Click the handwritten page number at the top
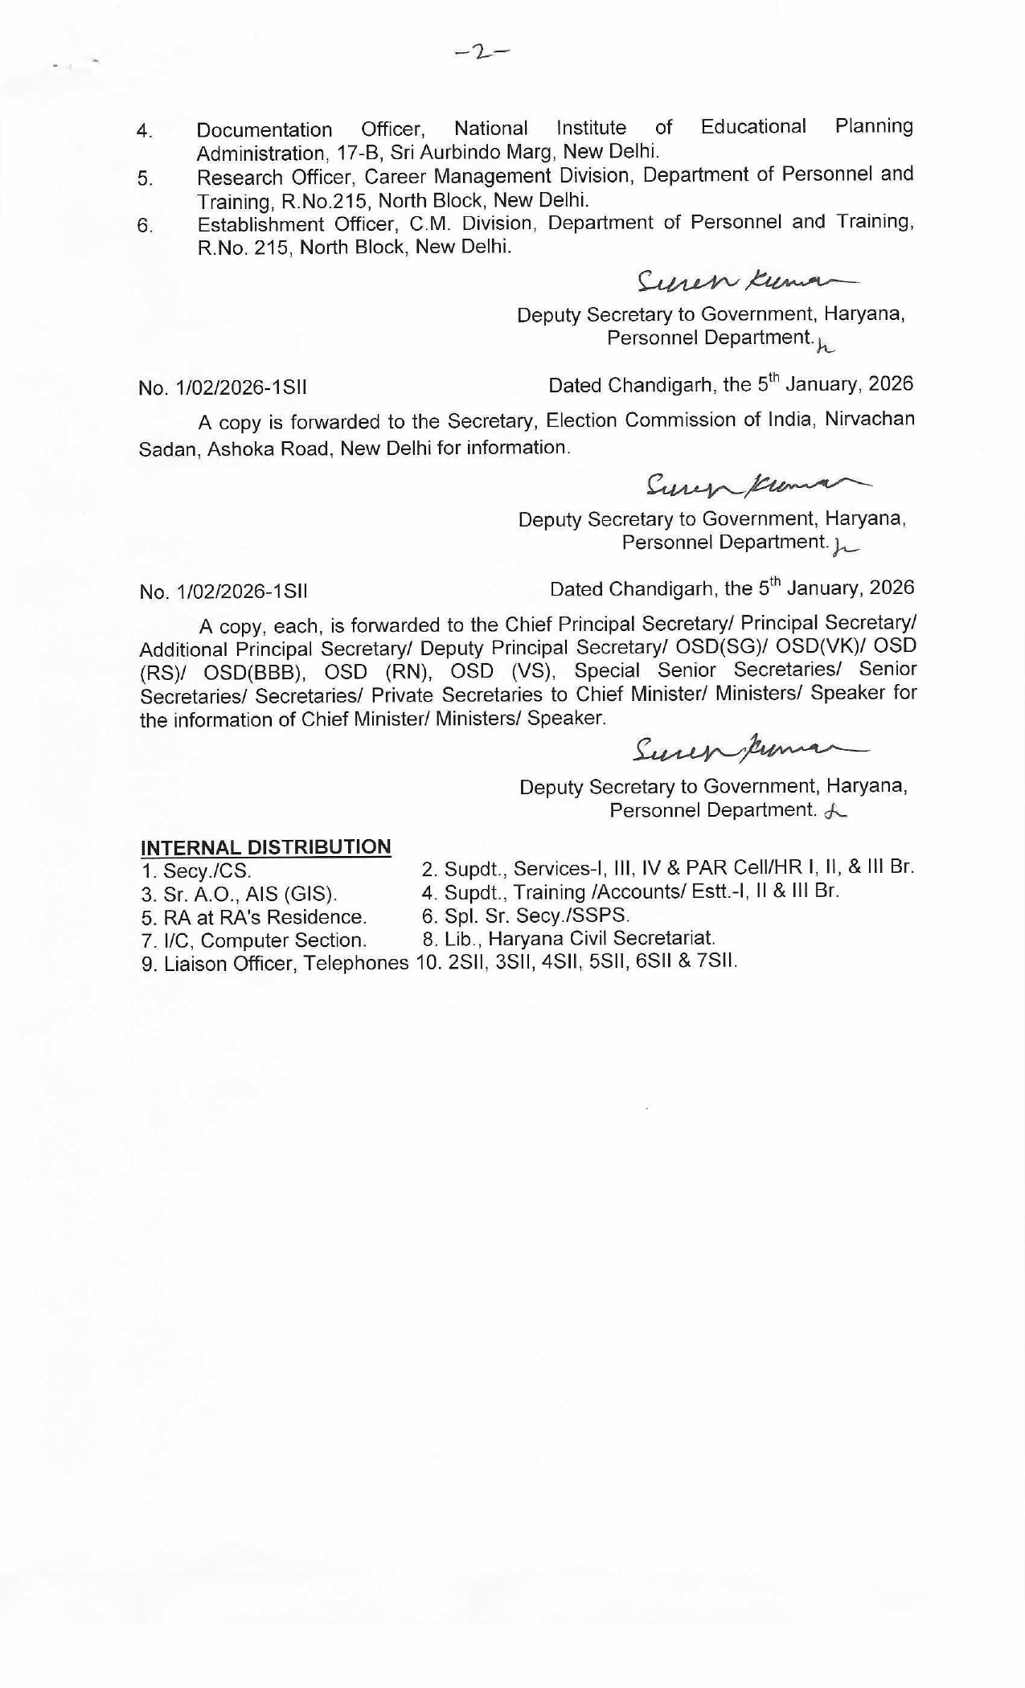[482, 53]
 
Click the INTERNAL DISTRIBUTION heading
[265, 847]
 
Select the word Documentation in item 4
[264, 129]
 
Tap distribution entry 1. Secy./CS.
[196, 871]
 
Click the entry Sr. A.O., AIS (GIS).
[239, 895]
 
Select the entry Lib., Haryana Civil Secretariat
[568, 938]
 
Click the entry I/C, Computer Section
[254, 940]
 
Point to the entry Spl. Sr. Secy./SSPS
[526, 916]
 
